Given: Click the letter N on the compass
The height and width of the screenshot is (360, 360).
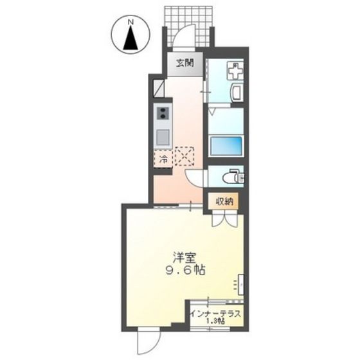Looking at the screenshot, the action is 130,22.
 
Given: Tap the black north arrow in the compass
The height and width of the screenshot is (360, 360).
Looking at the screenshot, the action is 130,38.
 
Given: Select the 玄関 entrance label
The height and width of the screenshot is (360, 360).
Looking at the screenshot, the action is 185,63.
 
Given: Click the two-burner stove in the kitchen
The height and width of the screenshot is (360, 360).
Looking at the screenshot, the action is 163,113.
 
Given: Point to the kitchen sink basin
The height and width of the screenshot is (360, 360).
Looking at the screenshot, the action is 163,136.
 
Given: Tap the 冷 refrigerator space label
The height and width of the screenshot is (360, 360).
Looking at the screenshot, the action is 164,158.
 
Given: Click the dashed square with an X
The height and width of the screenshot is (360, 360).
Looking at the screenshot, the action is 184,156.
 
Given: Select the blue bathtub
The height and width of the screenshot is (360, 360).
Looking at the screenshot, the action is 226,146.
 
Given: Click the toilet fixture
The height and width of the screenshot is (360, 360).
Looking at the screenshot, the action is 233,177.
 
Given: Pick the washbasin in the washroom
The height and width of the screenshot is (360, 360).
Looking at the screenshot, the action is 237,93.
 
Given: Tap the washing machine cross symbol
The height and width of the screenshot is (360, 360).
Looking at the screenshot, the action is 235,70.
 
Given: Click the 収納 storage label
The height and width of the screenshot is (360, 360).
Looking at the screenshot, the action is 224,202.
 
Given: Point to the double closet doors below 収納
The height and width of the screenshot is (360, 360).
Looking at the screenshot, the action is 224,219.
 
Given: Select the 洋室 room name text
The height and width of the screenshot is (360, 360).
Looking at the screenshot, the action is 184,258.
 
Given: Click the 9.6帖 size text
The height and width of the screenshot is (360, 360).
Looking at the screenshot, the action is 185,270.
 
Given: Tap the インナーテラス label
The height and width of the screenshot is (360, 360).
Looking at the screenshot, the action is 216,314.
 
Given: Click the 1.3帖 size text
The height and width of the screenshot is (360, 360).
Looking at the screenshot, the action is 215,321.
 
